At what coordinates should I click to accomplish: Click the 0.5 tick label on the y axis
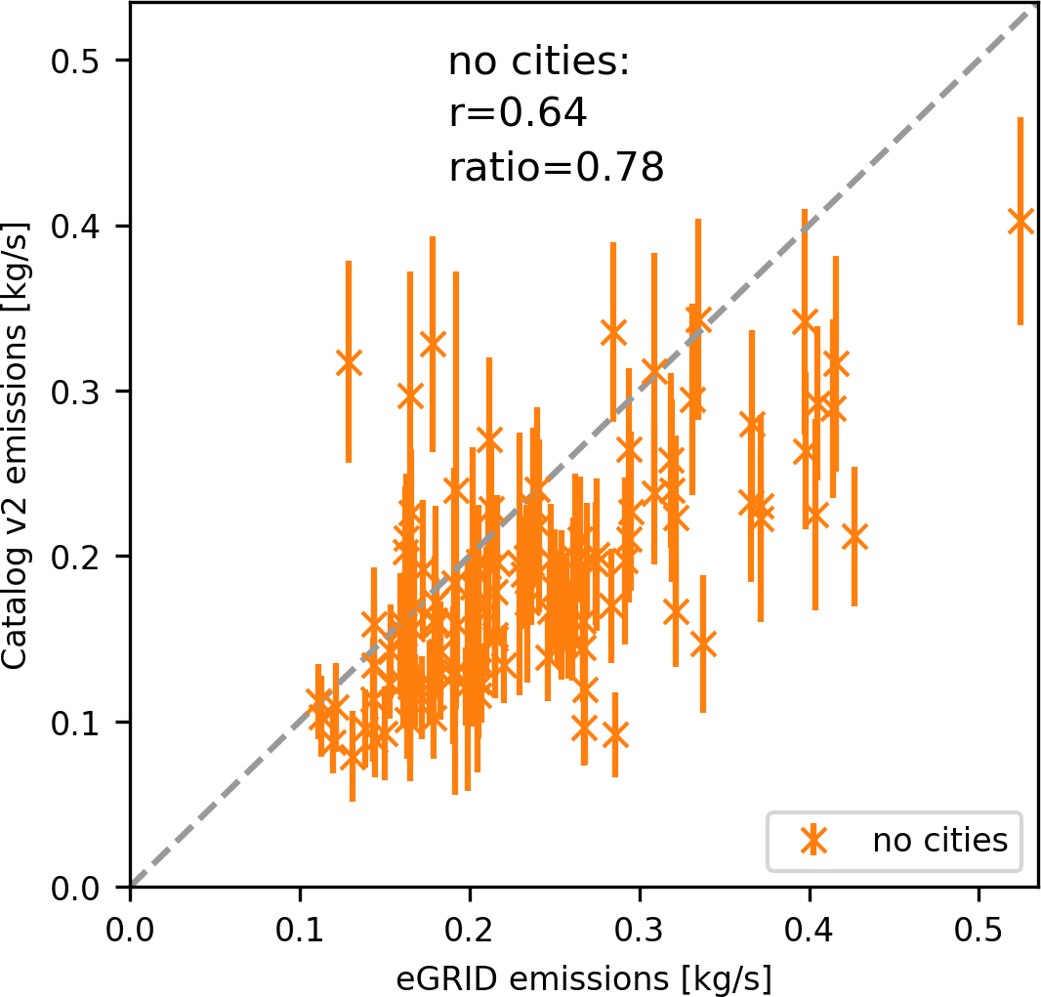[x=77, y=62]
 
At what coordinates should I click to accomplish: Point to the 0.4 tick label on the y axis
[x=77, y=227]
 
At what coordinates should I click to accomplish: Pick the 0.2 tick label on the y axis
[x=77, y=558]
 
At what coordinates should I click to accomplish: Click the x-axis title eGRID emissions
[x=584, y=976]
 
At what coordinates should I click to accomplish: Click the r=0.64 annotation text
[x=518, y=115]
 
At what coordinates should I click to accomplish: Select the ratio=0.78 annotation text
[x=557, y=168]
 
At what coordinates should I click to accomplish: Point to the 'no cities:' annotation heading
[x=540, y=62]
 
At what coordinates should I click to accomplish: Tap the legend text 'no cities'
[x=939, y=840]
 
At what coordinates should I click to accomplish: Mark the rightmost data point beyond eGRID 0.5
[x=1020, y=222]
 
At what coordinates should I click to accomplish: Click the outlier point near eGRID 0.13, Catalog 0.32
[x=349, y=362]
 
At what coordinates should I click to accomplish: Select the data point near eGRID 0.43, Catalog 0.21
[x=854, y=536]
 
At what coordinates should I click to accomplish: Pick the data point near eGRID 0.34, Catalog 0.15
[x=703, y=644]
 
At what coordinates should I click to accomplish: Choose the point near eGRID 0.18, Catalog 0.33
[x=433, y=344]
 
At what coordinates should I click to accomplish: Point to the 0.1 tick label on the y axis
[x=77, y=723]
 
